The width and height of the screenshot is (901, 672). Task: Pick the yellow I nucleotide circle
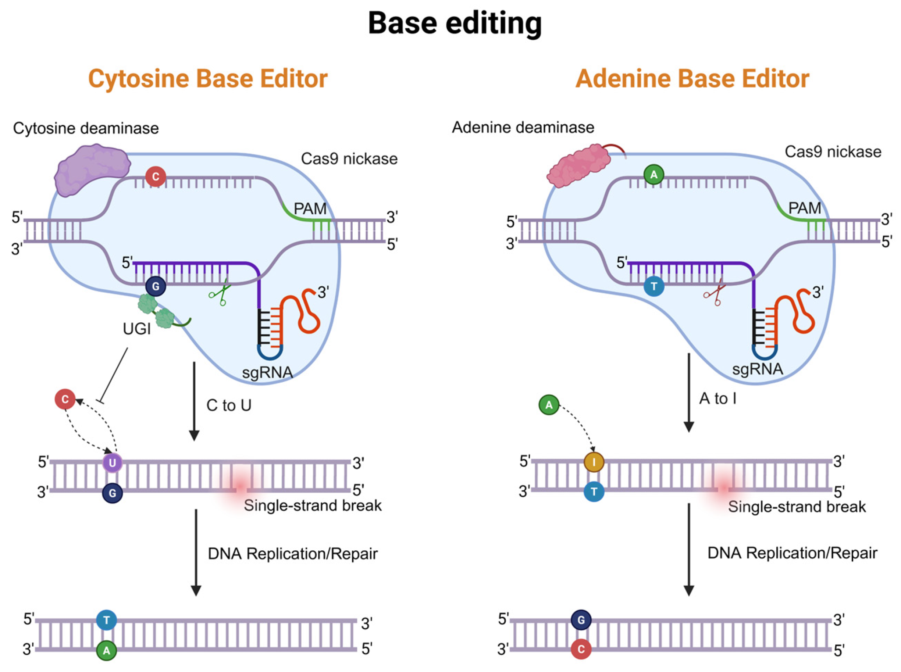[x=594, y=462]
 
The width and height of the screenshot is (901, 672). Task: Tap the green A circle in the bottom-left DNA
[x=107, y=650]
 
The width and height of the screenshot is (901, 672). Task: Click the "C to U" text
[x=229, y=405]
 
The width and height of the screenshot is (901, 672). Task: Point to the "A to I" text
[x=718, y=398]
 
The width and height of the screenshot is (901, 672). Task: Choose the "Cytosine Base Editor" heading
[x=208, y=79]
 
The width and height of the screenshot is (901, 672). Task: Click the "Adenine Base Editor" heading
[x=692, y=79]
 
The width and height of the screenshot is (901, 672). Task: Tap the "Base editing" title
[x=455, y=23]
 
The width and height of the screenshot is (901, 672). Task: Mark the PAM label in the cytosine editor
[x=310, y=209]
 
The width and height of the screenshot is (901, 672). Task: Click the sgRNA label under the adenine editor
[x=757, y=369]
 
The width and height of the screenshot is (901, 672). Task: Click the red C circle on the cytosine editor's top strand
[x=156, y=176]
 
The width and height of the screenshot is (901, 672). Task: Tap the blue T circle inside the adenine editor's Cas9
[x=654, y=286]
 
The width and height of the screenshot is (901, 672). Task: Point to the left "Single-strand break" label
[x=313, y=505]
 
